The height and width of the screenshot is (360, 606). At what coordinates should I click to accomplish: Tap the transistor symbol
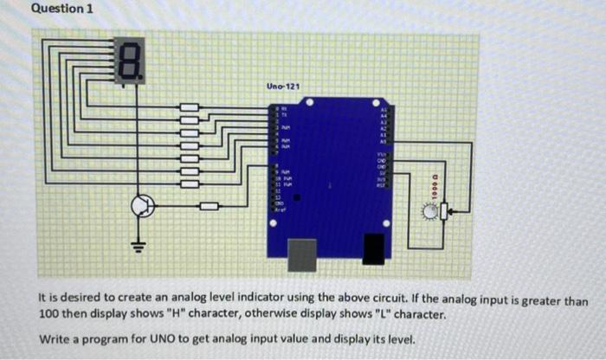pos(142,206)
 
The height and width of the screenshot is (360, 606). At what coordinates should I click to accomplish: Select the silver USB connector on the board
pos(301,254)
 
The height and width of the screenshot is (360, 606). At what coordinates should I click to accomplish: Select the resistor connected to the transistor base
pos(209,207)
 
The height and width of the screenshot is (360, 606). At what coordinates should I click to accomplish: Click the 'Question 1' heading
pos(61,9)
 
